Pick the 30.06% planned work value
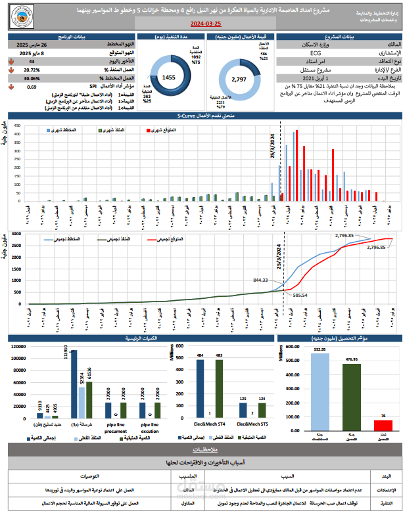coord(32,78)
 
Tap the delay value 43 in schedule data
coord(32,60)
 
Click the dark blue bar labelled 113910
coord(74,384)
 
